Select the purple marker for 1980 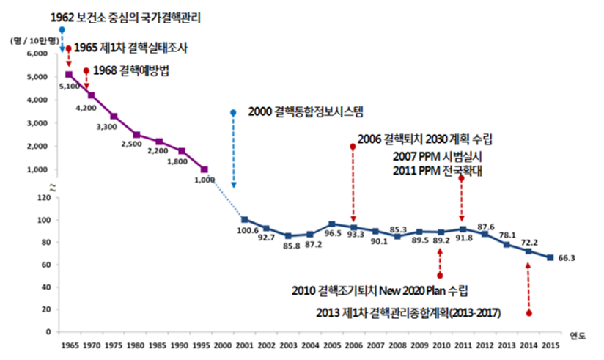pyautogui.click(x=137, y=134)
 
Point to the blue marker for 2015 pyautogui.click(x=550, y=257)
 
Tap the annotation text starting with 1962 pyautogui.click(x=127, y=16)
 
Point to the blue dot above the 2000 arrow pyautogui.click(x=233, y=113)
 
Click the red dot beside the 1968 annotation pyautogui.click(x=86, y=71)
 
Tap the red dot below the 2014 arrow pyautogui.click(x=528, y=313)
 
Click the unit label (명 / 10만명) pyautogui.click(x=29, y=41)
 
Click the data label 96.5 pyautogui.click(x=332, y=234)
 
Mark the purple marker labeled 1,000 pyautogui.click(x=205, y=169)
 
